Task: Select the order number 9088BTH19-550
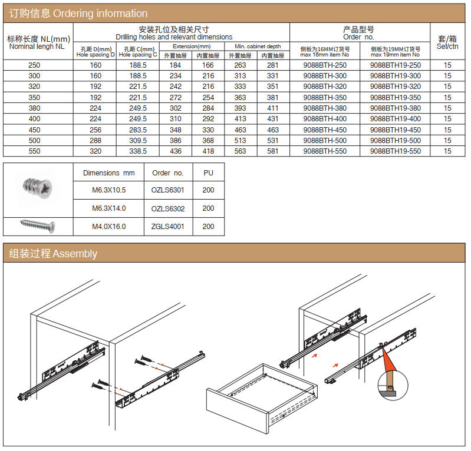point(396,151)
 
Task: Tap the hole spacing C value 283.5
point(137,130)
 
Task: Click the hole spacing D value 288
point(95,141)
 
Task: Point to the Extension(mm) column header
point(192,46)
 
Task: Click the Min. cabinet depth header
point(258,46)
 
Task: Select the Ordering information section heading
point(78,13)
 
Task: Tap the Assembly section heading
point(53,254)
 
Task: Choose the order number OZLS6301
point(167,190)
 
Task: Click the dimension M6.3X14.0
point(108,208)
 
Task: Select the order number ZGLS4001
point(167,226)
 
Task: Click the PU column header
point(208,173)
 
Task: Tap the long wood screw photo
point(38,225)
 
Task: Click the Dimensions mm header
point(108,173)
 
